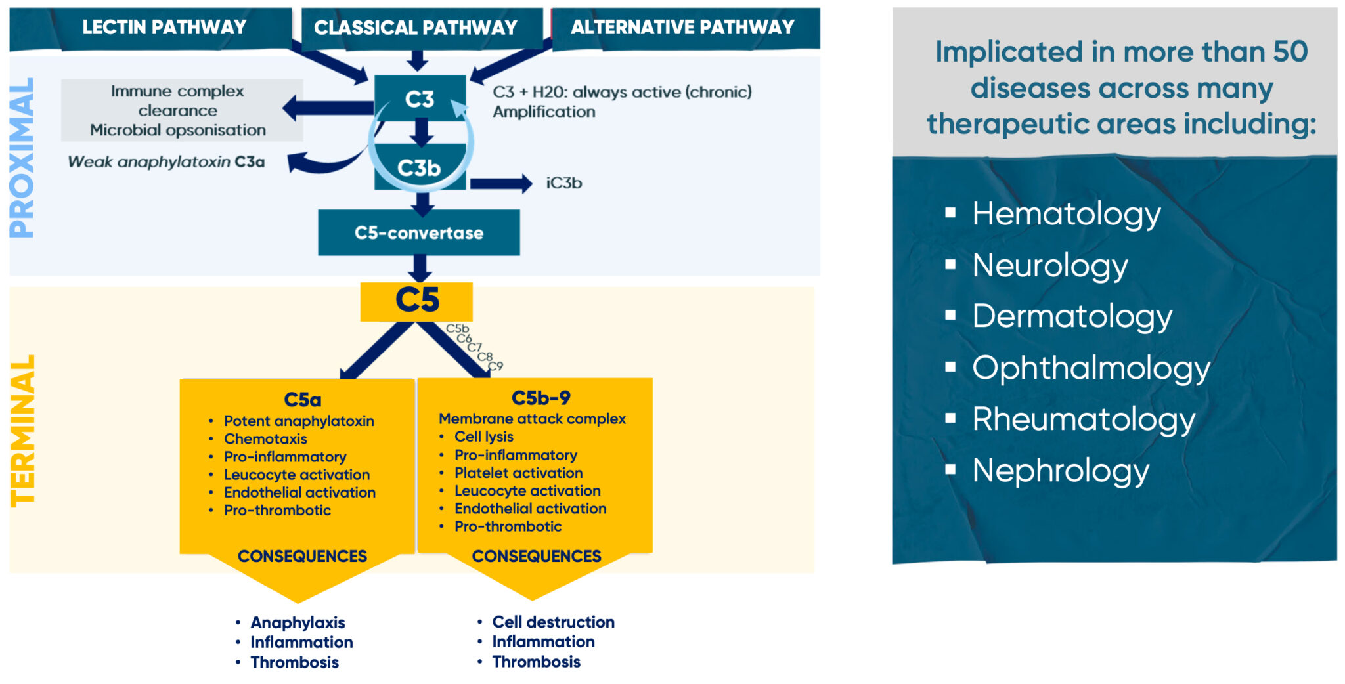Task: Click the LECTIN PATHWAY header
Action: click(164, 27)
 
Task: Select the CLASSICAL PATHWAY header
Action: click(416, 28)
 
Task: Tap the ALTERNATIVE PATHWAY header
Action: click(682, 27)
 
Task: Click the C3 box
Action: click(420, 98)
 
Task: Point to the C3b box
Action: click(420, 167)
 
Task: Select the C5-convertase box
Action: click(419, 232)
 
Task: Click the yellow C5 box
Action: click(416, 301)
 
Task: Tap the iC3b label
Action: click(564, 183)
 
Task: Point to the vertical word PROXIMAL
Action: click(22, 158)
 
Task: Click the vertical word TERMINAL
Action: click(22, 431)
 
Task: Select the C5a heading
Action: click(303, 400)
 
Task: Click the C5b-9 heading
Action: click(541, 398)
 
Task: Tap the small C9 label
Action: click(496, 366)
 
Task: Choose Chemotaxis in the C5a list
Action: click(265, 438)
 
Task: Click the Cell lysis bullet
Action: click(484, 437)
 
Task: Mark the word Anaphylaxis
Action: click(298, 622)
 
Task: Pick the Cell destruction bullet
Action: click(554, 622)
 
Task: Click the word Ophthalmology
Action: click(1091, 369)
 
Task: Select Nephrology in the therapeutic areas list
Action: click(1061, 471)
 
